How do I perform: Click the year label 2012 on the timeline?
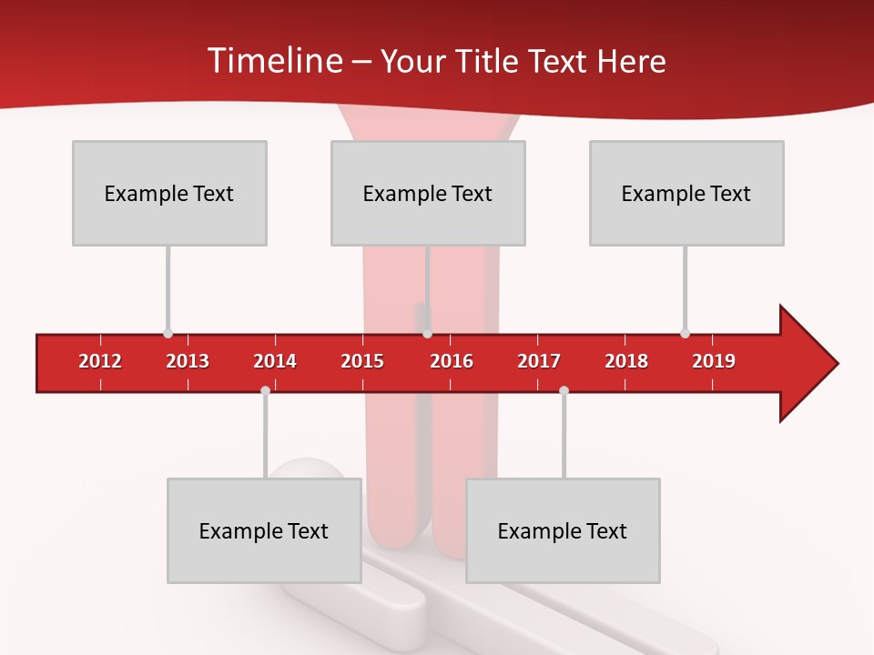100,361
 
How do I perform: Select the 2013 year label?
188,361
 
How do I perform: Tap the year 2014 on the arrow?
275,361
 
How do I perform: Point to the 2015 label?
362,361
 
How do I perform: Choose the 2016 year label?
452,361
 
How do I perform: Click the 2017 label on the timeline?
539,361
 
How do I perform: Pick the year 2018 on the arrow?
626,361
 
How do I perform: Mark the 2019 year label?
714,361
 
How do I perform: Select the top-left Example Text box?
169,193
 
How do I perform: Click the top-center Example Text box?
428,193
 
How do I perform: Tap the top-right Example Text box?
686,193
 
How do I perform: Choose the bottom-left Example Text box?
264,530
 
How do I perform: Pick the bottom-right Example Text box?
563,530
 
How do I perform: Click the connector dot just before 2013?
168,334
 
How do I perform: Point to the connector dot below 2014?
265,390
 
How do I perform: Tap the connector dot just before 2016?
427,334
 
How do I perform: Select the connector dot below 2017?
564,390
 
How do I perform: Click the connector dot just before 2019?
685,334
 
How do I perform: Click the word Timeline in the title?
273,61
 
